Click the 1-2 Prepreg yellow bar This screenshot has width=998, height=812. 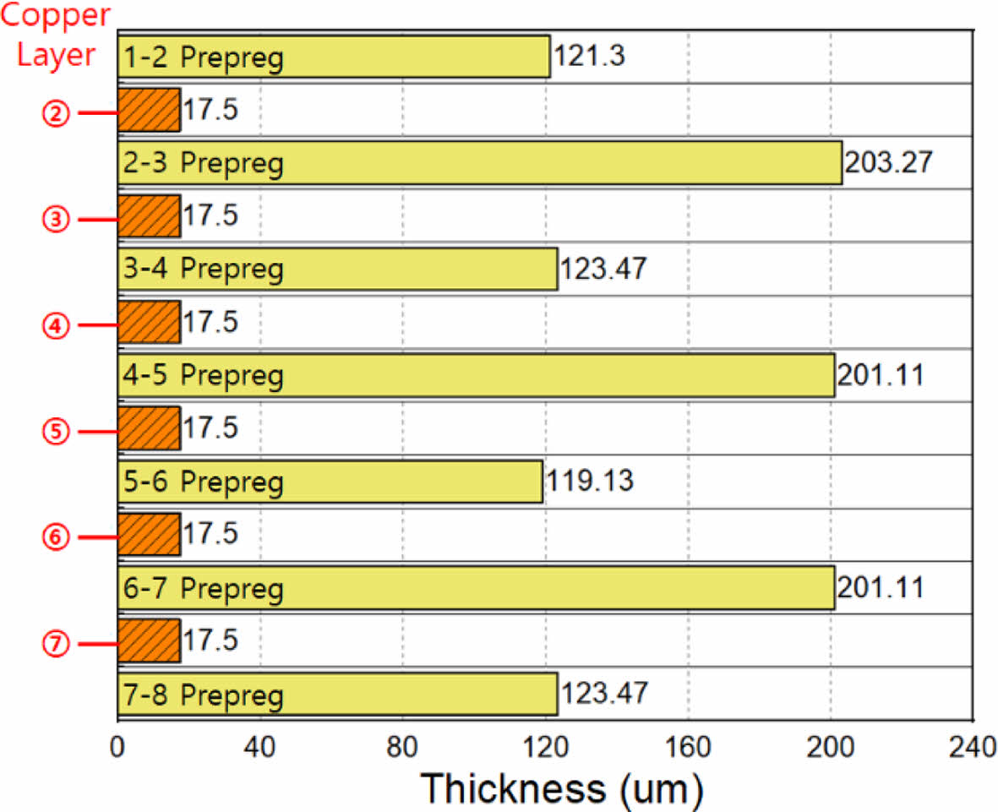tap(333, 57)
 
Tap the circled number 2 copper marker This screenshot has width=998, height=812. tap(56, 112)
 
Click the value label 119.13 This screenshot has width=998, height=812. tap(590, 482)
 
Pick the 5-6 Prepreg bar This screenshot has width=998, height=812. tap(330, 482)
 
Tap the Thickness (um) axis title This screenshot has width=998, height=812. tap(562, 788)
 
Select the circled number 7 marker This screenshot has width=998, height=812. tap(56, 644)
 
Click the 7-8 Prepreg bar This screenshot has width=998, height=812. tap(336, 695)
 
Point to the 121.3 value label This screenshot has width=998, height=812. tap(590, 57)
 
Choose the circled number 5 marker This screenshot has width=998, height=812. tap(56, 431)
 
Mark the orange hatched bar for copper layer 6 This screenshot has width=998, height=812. tap(149, 535)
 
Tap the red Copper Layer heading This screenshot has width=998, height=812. tap(55, 35)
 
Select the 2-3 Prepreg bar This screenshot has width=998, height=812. tap(479, 162)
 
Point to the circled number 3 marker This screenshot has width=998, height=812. tap(56, 219)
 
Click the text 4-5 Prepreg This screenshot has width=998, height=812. tap(203, 376)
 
